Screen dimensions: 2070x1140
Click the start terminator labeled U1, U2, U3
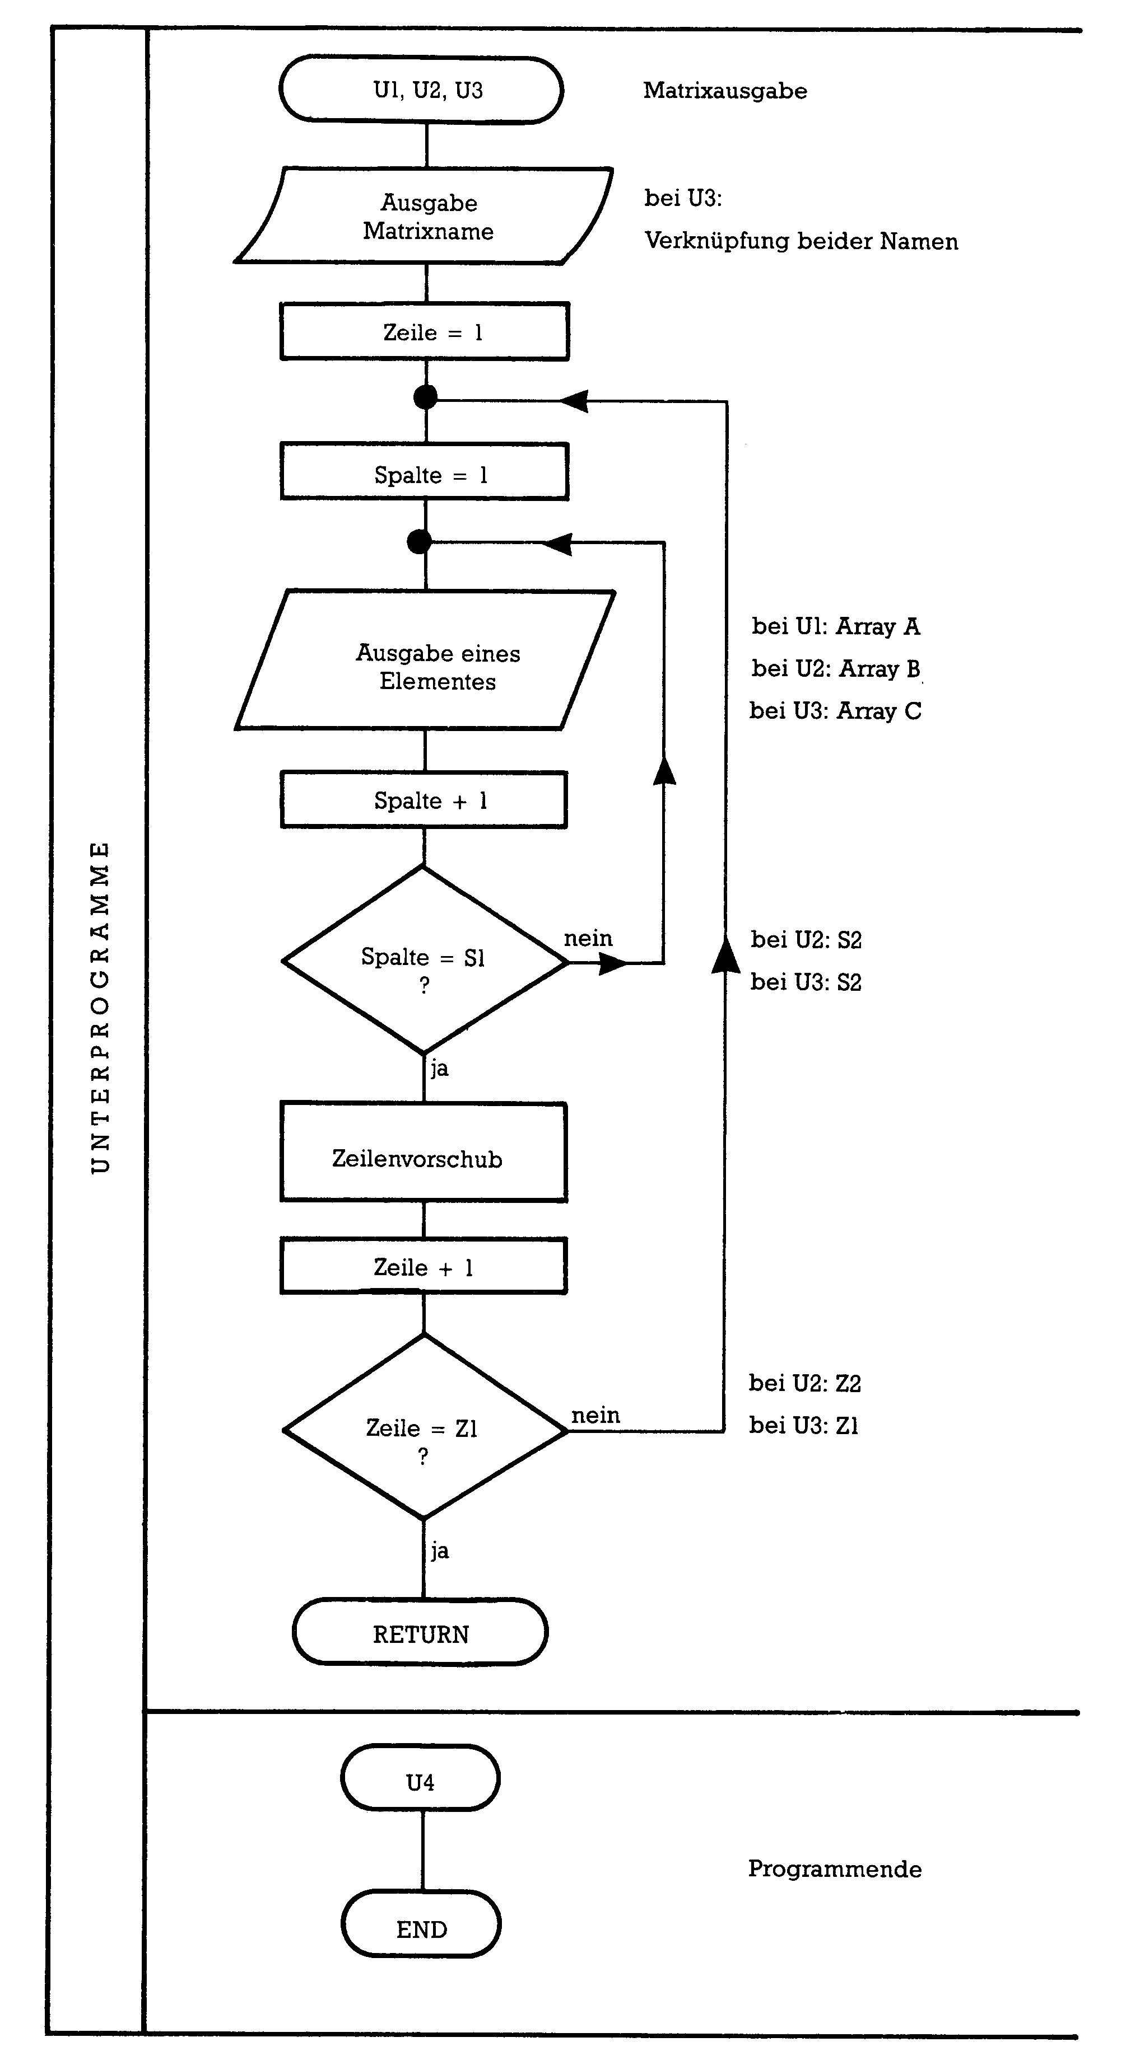(421, 90)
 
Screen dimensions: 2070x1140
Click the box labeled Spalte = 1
(425, 472)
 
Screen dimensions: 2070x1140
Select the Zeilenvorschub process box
(424, 1153)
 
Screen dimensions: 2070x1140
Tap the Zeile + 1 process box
(424, 1267)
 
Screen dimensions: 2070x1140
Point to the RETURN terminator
(421, 1633)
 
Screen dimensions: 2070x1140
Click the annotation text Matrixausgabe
(724, 91)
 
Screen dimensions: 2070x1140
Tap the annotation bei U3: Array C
(835, 711)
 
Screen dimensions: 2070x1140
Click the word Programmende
(835, 1868)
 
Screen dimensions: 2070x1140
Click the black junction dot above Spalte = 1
(425, 397)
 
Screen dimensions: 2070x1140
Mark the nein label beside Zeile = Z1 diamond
(595, 1415)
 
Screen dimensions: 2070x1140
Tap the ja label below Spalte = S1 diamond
(439, 1069)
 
